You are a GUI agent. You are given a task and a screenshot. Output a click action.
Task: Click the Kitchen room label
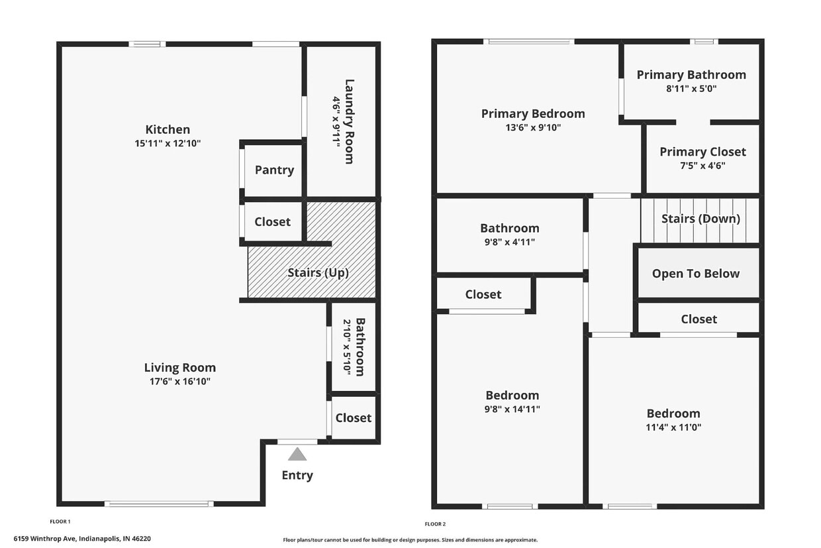pyautogui.click(x=168, y=129)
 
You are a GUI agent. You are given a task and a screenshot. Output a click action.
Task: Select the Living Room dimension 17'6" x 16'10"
pyautogui.click(x=180, y=381)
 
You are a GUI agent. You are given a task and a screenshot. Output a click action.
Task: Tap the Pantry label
pyautogui.click(x=274, y=170)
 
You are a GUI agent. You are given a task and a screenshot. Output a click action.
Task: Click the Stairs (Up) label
pyautogui.click(x=318, y=272)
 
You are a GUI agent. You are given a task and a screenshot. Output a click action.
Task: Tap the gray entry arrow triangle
pyautogui.click(x=297, y=454)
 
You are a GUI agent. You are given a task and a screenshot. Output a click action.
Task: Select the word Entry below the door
pyautogui.click(x=297, y=475)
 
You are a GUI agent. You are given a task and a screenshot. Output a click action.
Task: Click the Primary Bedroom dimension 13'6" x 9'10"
pyautogui.click(x=533, y=127)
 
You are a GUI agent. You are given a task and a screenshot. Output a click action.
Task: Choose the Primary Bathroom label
pyautogui.click(x=691, y=74)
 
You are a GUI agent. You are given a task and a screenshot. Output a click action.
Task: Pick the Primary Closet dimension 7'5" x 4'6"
pyautogui.click(x=702, y=166)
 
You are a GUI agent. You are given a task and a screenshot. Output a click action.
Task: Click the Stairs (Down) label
pyautogui.click(x=700, y=219)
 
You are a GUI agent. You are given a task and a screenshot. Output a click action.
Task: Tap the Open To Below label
pyautogui.click(x=696, y=274)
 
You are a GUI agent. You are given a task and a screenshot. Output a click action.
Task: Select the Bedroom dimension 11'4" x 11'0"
pyautogui.click(x=673, y=427)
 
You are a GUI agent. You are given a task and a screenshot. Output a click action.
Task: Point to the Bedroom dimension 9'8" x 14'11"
pyautogui.click(x=512, y=409)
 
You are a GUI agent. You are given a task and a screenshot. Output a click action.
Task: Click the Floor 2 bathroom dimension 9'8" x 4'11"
pyautogui.click(x=509, y=242)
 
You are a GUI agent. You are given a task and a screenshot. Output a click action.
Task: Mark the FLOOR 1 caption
pyautogui.click(x=60, y=521)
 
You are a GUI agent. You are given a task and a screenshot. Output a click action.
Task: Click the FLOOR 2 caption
pyautogui.click(x=435, y=524)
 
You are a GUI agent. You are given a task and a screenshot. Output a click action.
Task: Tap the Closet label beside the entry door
pyautogui.click(x=353, y=417)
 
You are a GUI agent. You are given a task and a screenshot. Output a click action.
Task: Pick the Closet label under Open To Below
pyautogui.click(x=699, y=319)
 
